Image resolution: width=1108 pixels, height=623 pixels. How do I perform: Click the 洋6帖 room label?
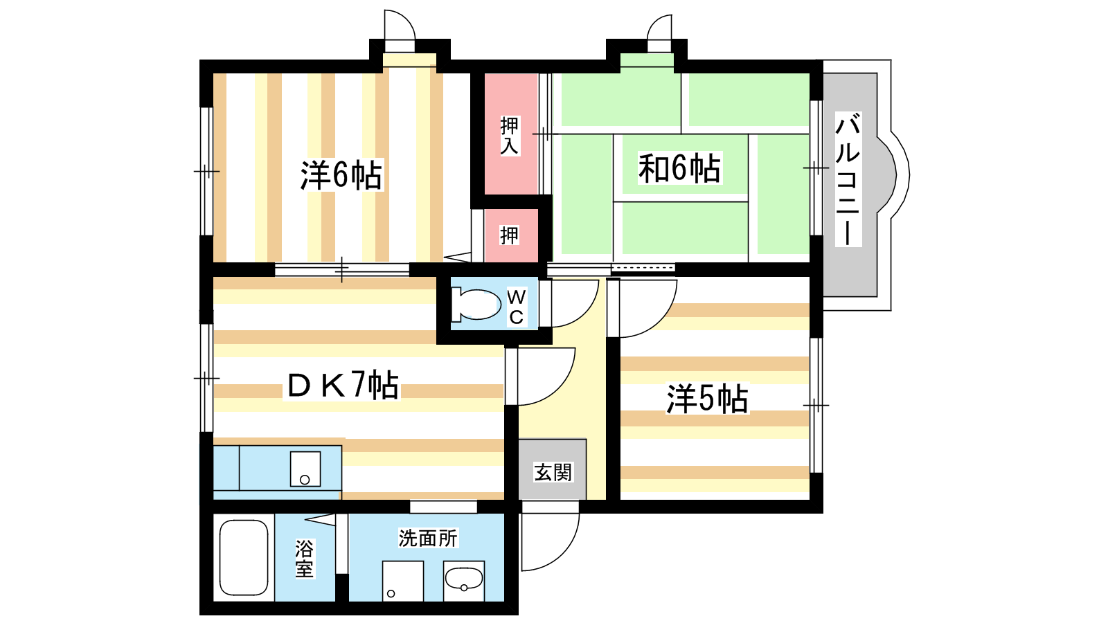coord(341,176)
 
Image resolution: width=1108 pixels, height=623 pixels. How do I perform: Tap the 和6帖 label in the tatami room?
coord(679,168)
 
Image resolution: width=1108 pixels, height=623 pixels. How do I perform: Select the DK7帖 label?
coord(343,385)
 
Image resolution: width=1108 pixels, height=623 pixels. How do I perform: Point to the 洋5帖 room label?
coord(707,399)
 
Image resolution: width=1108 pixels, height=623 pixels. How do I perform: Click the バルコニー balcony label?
coord(848,179)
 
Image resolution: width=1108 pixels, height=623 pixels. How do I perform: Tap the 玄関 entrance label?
coord(553,472)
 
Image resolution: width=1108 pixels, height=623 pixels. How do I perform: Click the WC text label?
coord(517,307)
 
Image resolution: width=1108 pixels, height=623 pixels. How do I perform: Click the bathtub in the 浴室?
coord(244,557)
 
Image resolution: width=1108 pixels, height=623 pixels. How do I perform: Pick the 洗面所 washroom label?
coord(429,538)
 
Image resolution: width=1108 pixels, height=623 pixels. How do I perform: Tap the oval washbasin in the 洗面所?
coord(463,579)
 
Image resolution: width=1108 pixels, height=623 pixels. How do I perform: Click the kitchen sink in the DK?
coord(305,469)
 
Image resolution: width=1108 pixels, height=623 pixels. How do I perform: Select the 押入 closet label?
coord(510,136)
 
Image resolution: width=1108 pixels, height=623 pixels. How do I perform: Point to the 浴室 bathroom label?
coord(304,559)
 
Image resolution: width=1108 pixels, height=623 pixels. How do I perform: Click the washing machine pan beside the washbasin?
coord(402,581)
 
